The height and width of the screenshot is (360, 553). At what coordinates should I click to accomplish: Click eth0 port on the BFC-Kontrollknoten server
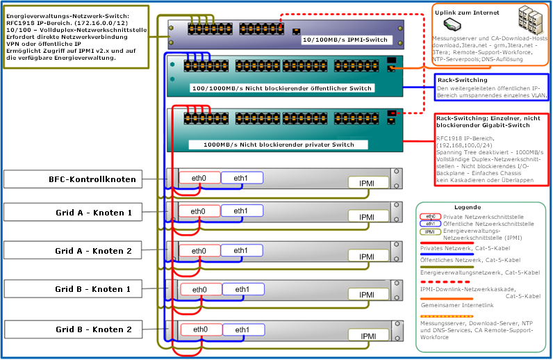pos(199,177)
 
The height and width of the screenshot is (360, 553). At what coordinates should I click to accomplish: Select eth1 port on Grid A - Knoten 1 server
pos(241,211)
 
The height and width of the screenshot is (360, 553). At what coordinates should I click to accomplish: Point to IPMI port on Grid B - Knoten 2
pos(368,336)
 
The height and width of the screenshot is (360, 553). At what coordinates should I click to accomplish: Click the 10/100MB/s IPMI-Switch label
pos(345,40)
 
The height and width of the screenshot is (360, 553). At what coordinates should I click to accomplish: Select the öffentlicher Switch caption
pos(282,88)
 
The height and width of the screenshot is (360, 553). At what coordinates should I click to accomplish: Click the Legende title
pos(467,207)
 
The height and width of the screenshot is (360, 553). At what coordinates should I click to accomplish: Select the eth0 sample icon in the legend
pos(431,217)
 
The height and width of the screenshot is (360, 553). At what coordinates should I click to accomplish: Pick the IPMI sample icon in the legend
pos(431,232)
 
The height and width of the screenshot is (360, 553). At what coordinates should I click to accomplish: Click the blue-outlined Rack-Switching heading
pos(462,80)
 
